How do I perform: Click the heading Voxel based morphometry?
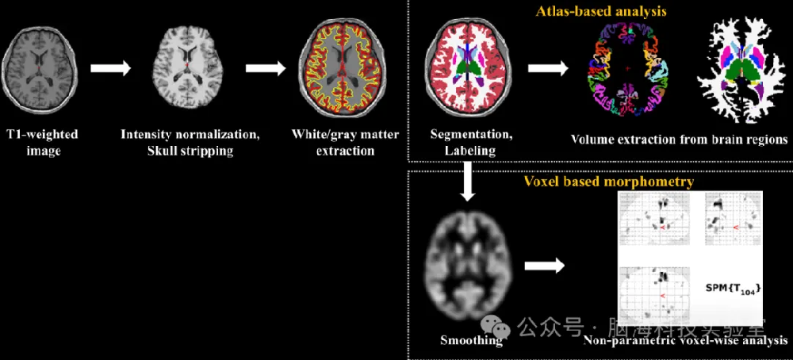[x=609, y=182]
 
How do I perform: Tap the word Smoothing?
[x=471, y=342]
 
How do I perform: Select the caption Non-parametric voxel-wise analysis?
[x=685, y=342]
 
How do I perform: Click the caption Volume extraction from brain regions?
[x=679, y=140]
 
